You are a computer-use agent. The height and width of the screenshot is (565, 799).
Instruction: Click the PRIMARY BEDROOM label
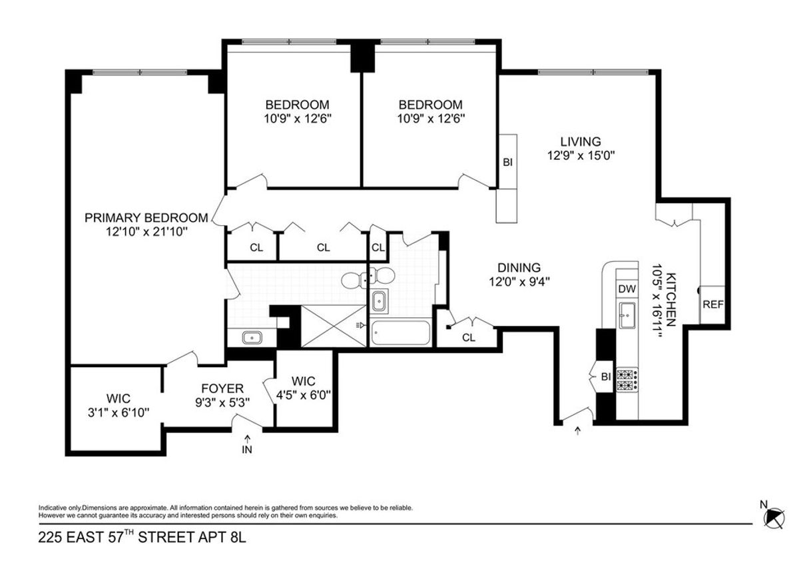coord(146,217)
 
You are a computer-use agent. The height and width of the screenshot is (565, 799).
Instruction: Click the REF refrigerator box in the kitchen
coord(713,304)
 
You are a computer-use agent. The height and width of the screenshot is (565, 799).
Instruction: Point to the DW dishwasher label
coord(626,288)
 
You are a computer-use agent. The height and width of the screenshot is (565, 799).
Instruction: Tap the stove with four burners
coord(627,380)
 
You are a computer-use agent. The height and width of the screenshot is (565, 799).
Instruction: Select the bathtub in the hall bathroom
coord(401,332)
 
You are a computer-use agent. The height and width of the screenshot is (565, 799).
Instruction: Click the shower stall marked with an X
coord(334,326)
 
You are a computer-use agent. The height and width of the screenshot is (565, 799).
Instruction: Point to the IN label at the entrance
coord(248,450)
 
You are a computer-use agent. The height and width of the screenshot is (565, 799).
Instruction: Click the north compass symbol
coord(774,516)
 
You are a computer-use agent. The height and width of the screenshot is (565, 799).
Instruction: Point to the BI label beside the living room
coord(507,162)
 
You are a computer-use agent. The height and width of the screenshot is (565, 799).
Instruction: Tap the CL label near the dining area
coord(469,337)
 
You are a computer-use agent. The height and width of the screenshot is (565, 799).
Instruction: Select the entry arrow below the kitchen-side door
coord(577,431)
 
